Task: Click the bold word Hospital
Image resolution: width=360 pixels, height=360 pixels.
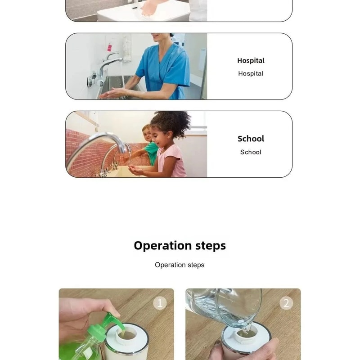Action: [251, 60]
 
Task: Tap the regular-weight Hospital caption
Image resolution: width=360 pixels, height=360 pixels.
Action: [251, 73]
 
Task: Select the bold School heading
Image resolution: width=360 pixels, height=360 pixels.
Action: [251, 139]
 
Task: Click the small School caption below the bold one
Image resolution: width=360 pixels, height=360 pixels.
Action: [251, 152]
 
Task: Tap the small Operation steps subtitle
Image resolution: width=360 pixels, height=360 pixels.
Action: [180, 265]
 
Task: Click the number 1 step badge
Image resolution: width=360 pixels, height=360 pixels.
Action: [159, 303]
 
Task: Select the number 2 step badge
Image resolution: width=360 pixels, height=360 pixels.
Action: [286, 303]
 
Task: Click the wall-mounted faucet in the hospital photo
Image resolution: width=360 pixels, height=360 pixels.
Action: [108, 63]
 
